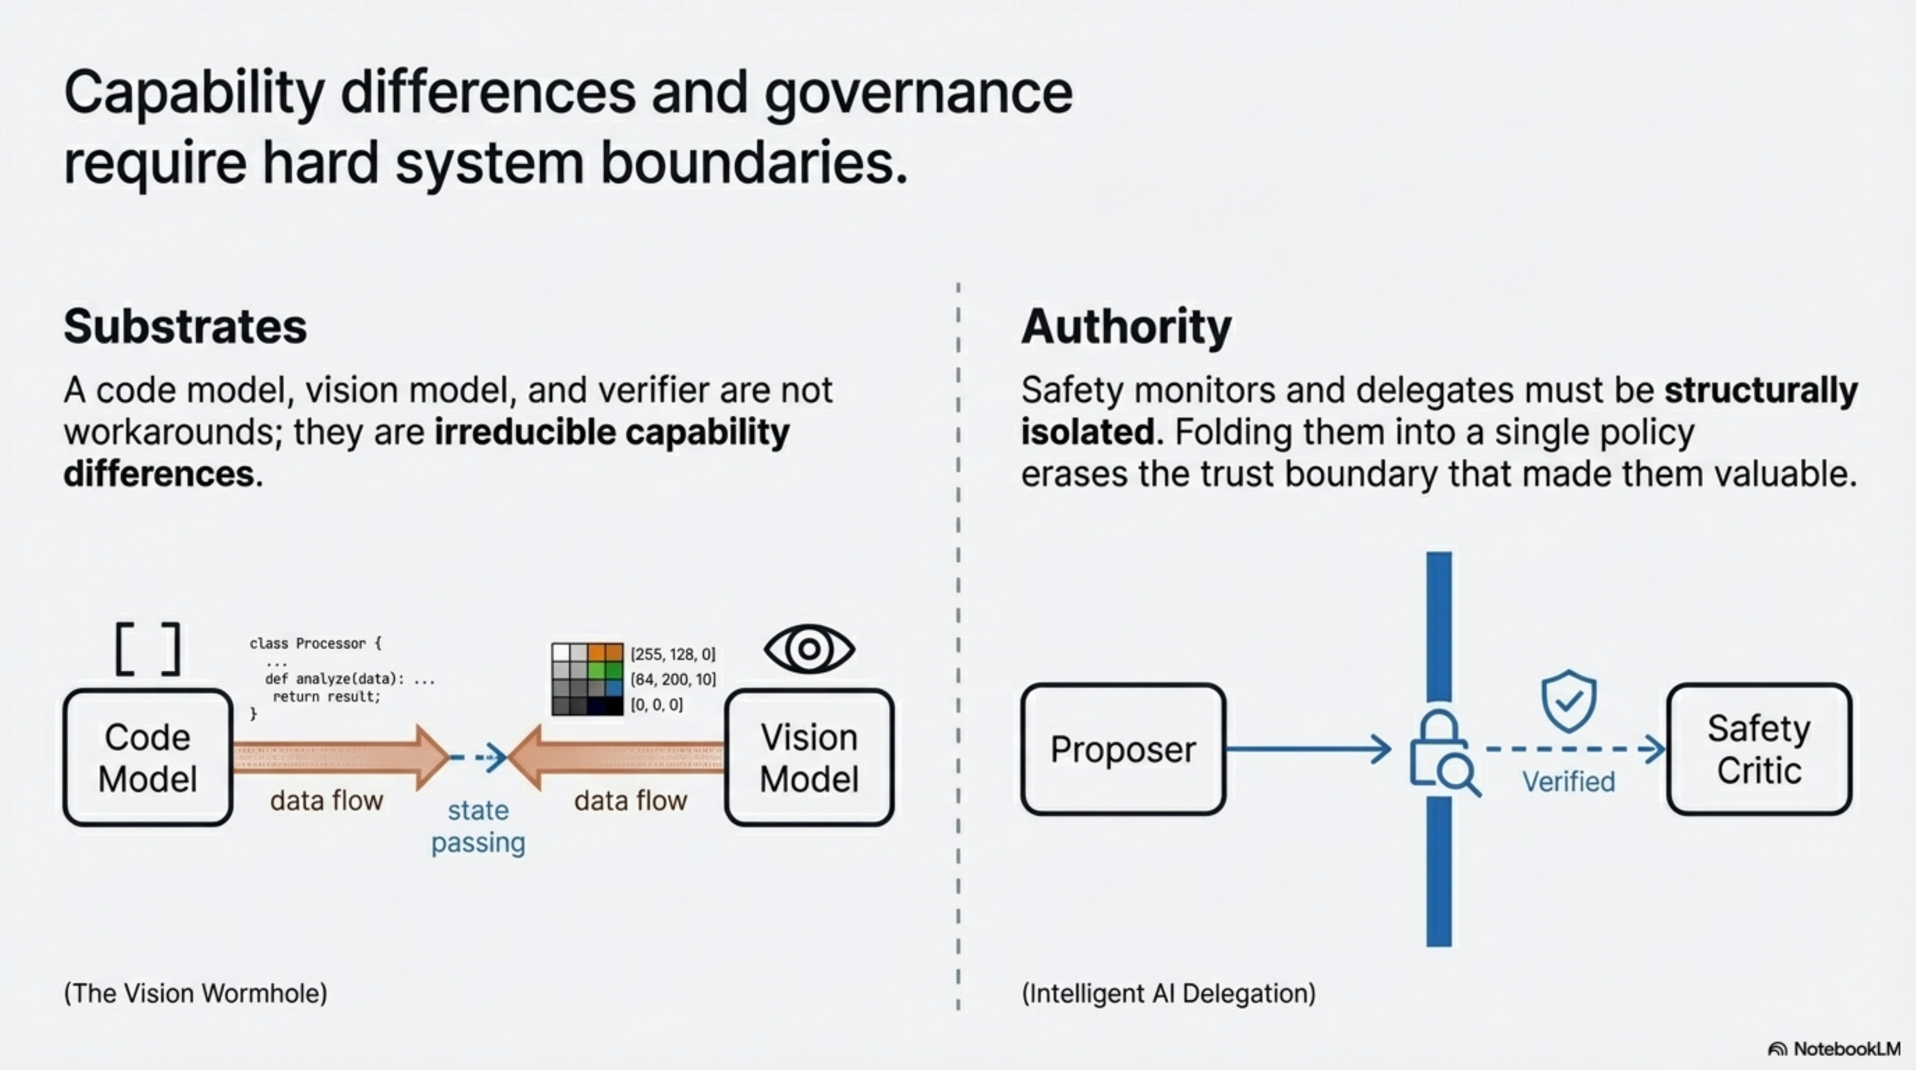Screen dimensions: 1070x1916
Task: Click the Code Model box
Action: pyautogui.click(x=148, y=758)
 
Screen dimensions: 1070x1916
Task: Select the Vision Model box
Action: pyautogui.click(x=809, y=758)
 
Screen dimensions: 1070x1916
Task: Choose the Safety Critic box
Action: pyautogui.click(x=1759, y=749)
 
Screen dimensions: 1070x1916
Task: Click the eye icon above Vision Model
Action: pyautogui.click(x=809, y=649)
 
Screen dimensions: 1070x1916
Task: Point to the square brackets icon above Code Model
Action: pyautogui.click(x=148, y=649)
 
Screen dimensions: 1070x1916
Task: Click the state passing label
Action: pyautogui.click(x=478, y=826)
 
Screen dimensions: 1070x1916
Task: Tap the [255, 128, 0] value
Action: pyautogui.click(x=673, y=654)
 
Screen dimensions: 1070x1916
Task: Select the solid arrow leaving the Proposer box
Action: pyautogui.click(x=1308, y=749)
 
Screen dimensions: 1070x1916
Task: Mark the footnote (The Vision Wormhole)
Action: pyautogui.click(x=195, y=993)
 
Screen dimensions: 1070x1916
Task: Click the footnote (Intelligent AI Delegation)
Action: pyautogui.click(x=1168, y=993)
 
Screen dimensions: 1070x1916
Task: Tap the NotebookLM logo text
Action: pyautogui.click(x=1846, y=1049)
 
